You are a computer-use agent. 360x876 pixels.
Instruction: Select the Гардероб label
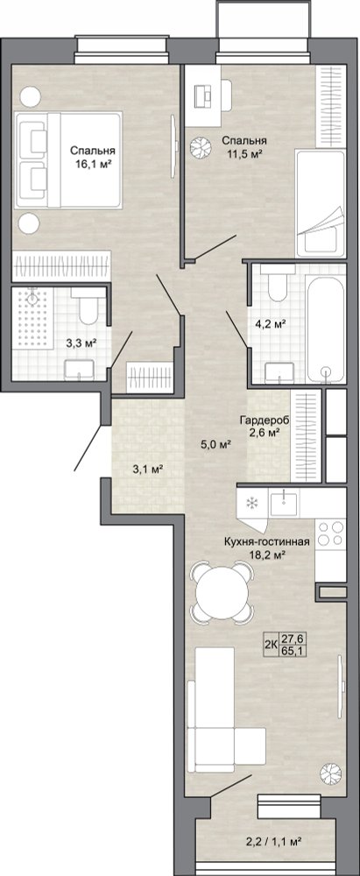pyautogui.click(x=258, y=420)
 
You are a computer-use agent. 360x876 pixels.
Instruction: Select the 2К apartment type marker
pyautogui.click(x=272, y=644)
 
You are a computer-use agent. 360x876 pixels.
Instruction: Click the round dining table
pyautogui.click(x=222, y=593)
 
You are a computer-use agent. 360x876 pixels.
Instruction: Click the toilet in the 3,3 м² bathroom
pyautogui.click(x=88, y=306)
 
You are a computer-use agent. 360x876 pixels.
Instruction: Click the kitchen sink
pyautogui.click(x=285, y=503)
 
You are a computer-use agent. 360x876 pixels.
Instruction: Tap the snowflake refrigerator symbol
pyautogui.click(x=252, y=503)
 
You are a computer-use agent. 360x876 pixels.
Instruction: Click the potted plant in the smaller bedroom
pyautogui.click(x=199, y=147)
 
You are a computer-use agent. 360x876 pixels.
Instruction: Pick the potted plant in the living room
pyautogui.click(x=330, y=774)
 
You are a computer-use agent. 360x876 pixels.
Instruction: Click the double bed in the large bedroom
pyautogui.click(x=68, y=160)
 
